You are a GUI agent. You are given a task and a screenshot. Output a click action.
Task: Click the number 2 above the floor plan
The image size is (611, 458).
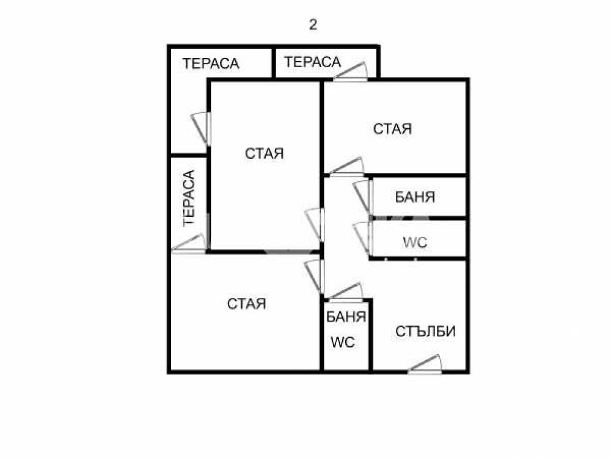tap(313, 25)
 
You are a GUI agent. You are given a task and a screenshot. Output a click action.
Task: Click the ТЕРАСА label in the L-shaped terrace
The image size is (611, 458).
tap(211, 64)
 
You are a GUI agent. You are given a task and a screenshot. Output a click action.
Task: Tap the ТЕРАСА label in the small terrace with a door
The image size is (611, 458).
tap(312, 62)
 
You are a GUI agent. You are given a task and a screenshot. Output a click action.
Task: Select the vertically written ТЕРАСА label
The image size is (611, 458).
tap(189, 198)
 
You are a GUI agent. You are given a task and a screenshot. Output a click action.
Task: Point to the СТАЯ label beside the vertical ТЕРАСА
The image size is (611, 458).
tap(265, 153)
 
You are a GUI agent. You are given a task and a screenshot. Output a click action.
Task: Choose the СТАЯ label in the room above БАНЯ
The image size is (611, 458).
tap(392, 129)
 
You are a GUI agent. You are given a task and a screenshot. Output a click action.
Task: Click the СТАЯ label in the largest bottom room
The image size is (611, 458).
tap(247, 304)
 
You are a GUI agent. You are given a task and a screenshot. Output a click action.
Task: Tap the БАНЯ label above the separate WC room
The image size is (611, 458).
tap(415, 197)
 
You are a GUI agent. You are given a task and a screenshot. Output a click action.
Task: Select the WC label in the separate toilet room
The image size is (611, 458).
tap(415, 242)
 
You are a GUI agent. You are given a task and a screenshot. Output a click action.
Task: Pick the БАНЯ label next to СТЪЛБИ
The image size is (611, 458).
tap(346, 316)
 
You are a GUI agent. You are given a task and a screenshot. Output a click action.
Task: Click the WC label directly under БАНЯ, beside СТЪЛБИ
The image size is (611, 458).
tap(343, 343)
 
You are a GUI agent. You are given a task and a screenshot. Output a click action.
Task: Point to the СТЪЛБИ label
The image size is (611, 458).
tap(425, 332)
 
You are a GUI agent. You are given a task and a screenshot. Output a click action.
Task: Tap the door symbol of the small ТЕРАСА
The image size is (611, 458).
tap(351, 71)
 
